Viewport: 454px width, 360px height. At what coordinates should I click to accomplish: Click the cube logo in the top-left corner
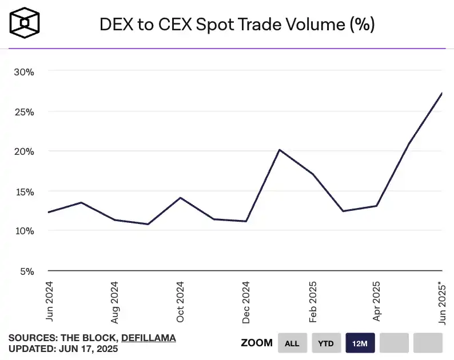pos(24,23)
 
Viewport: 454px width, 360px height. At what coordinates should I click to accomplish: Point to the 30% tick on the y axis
pos(25,72)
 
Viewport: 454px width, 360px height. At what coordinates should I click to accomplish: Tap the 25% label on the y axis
pos(25,112)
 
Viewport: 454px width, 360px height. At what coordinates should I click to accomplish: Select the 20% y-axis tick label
pos(25,151)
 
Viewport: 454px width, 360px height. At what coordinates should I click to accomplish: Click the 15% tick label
pos(25,191)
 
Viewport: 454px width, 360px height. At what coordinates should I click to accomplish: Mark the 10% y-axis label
pos(25,231)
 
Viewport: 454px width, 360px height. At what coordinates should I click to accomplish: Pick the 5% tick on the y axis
pos(27,271)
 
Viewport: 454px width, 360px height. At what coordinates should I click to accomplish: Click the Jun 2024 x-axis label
pos(49,300)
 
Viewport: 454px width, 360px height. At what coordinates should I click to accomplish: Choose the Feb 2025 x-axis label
pos(312,301)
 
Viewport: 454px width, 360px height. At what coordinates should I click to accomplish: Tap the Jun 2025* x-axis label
pos(442,303)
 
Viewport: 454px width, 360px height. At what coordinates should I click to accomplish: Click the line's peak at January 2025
pos(278,150)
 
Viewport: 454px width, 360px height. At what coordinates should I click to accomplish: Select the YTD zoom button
pos(326,343)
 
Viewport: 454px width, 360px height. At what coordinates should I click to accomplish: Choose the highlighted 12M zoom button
pos(360,343)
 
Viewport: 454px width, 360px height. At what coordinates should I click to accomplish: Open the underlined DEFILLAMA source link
pos(149,338)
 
